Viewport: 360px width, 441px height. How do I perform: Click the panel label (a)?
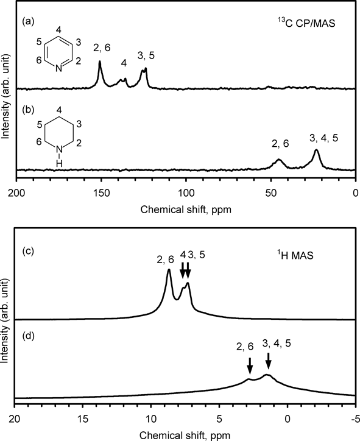pos(28,22)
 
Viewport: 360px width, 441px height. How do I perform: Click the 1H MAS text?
pos(294,255)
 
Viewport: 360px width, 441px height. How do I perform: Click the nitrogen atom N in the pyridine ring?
pos(58,68)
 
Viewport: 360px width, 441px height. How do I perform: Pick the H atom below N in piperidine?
pos(58,163)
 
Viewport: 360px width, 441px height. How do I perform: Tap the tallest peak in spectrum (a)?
pos(100,62)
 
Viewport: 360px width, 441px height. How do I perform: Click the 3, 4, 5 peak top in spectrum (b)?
pos(316,150)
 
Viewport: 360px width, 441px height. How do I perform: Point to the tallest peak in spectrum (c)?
pos(169,270)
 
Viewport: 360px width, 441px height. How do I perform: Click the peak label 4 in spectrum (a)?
pos(124,63)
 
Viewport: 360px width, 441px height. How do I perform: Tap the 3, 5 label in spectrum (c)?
pos(197,255)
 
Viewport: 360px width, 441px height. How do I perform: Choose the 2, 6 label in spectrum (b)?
pos(280,143)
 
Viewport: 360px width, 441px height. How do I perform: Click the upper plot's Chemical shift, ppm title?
pos(186,210)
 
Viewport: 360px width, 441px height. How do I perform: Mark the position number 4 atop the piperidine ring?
pos(58,110)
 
